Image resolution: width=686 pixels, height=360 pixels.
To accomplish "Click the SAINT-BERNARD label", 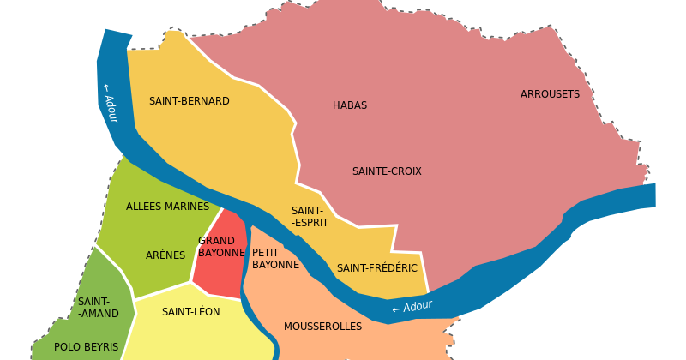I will pyautogui.click(x=190, y=101).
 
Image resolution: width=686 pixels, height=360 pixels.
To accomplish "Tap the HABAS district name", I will pyautogui.click(x=350, y=105).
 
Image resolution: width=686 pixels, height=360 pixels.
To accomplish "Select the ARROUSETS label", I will pyautogui.click(x=550, y=94).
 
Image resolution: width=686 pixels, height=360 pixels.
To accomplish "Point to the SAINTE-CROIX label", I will pyautogui.click(x=387, y=171).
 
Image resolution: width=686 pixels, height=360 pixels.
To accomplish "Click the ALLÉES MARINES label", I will pyautogui.click(x=167, y=207).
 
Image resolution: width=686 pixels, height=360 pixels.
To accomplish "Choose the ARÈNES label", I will pyautogui.click(x=165, y=255).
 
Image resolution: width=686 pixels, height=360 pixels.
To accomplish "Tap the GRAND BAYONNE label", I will pyautogui.click(x=221, y=247).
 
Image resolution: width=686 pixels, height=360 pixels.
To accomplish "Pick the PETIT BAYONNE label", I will pyautogui.click(x=275, y=259).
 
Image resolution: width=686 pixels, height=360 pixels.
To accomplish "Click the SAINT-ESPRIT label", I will pyautogui.click(x=307, y=217).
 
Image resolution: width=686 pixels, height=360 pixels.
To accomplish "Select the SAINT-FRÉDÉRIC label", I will pyautogui.click(x=376, y=268).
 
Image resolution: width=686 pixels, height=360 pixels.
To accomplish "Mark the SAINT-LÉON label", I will pyautogui.click(x=190, y=312).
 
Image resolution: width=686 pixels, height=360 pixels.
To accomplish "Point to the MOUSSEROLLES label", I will pyautogui.click(x=322, y=327).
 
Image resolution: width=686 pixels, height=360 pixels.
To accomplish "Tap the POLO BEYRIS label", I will pyautogui.click(x=86, y=347).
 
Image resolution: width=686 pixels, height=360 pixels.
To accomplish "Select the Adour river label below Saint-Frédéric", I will pyautogui.click(x=412, y=307).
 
